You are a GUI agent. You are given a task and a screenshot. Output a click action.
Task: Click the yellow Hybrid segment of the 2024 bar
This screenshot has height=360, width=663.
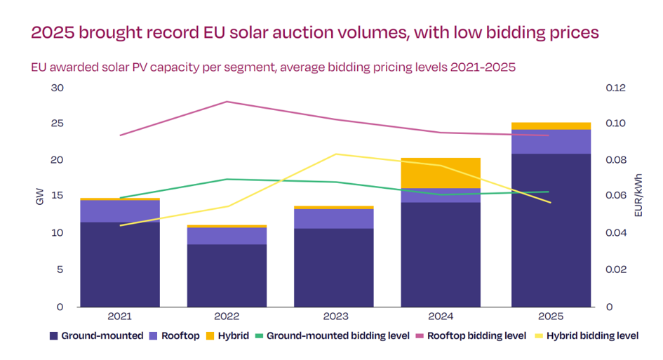click(441, 173)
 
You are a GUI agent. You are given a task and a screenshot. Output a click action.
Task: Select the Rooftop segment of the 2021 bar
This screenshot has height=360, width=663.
click(120, 211)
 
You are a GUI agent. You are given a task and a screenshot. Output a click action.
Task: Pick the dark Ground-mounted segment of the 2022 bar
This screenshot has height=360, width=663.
click(227, 275)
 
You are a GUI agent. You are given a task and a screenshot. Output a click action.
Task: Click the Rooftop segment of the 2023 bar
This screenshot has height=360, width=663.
click(334, 218)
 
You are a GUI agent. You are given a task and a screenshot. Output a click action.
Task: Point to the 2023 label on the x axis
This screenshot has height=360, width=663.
click(334, 316)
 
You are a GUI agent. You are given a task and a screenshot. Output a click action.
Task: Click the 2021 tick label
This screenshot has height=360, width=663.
click(120, 316)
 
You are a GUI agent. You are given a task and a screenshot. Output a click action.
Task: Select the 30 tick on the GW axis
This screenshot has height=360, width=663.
click(57, 88)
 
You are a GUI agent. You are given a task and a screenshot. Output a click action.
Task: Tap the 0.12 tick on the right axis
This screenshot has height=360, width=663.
click(615, 88)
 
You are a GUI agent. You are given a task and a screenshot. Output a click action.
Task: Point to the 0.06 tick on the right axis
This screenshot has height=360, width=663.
click(615, 196)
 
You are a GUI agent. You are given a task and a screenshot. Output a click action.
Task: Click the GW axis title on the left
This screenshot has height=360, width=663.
click(39, 199)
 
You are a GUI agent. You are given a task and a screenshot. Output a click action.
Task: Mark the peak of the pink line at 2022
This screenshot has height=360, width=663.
click(227, 102)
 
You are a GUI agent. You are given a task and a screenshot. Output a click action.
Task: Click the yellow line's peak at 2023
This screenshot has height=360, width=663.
click(335, 154)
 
